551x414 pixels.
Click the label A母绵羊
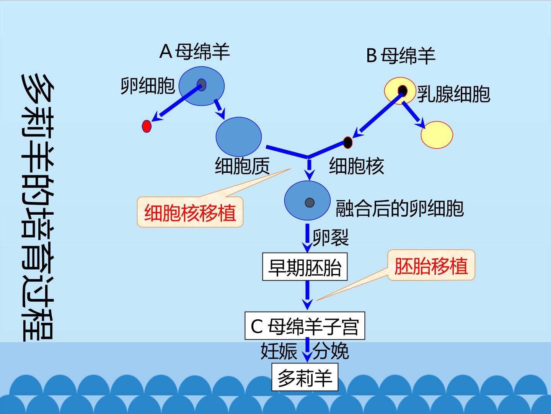point(194,52)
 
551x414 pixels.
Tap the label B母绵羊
point(401,56)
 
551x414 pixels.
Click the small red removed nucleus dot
point(147,126)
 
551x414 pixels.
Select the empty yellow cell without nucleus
point(437,135)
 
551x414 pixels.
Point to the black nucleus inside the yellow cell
point(403,90)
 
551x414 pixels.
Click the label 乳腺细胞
point(453,94)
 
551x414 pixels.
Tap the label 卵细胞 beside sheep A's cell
point(148,86)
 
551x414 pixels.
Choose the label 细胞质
point(242,166)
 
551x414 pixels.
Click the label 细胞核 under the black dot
point(357,166)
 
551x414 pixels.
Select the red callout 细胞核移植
point(190,212)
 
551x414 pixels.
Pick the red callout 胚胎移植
point(431,265)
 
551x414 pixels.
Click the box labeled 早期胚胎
point(305,267)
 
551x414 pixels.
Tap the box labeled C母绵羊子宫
point(305,326)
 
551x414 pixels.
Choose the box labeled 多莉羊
point(305,377)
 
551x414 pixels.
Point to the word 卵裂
point(331,238)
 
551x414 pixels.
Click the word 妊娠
point(279,351)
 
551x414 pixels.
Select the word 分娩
point(331,351)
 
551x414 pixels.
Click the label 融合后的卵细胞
point(399,209)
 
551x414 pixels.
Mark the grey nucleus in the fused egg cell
point(310,203)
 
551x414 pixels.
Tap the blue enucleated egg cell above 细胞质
point(239,137)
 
